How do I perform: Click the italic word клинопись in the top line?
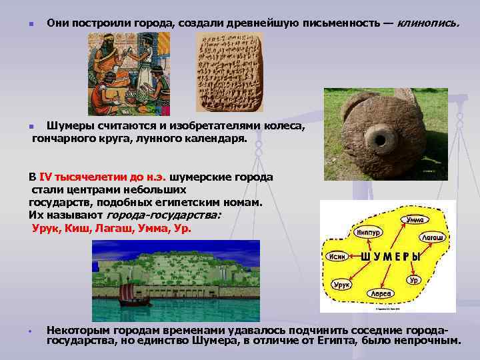pyautogui.click(x=428, y=23)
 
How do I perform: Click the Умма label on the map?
pyautogui.click(x=414, y=219)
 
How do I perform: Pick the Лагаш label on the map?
pyautogui.click(x=433, y=237)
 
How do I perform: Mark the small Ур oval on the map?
pyautogui.click(x=415, y=280)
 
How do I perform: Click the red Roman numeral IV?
pyautogui.click(x=46, y=178)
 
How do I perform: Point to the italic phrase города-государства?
pyautogui.click(x=163, y=215)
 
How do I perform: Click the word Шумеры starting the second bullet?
pyautogui.click(x=69, y=127)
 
